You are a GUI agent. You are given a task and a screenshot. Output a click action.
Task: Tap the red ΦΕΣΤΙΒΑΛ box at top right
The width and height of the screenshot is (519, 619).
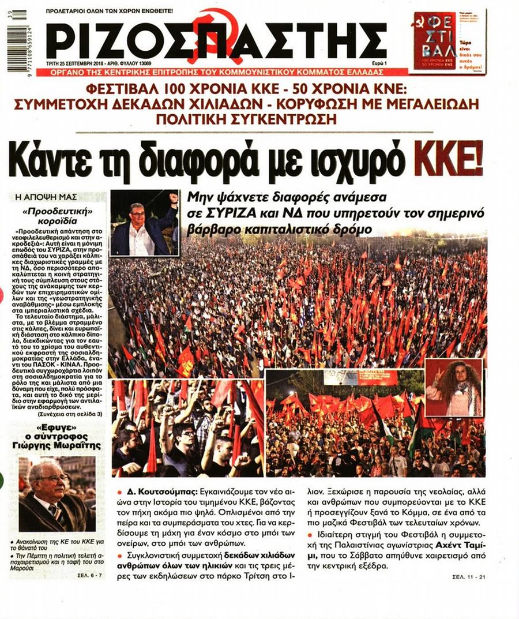pyautogui.click(x=434, y=40)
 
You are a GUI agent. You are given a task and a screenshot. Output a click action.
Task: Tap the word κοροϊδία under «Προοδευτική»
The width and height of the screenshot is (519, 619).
pyautogui.click(x=59, y=220)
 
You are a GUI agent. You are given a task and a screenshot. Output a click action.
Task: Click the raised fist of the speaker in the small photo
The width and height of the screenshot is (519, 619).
pyautogui.click(x=173, y=197)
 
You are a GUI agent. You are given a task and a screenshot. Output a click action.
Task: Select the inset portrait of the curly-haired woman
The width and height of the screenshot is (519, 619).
pyautogui.click(x=453, y=387)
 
